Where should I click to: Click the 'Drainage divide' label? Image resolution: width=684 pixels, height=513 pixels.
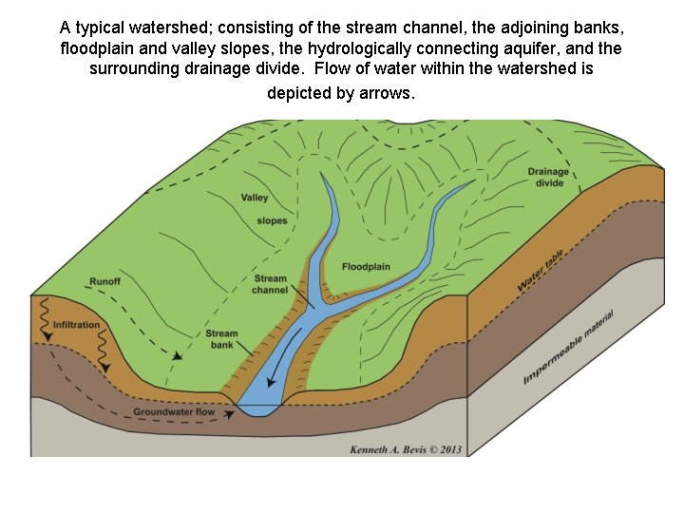point(547,177)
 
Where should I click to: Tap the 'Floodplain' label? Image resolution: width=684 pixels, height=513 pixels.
point(366,267)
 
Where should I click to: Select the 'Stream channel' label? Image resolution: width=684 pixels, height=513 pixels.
point(270,284)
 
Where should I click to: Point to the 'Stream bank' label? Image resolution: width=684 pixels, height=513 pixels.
point(221,339)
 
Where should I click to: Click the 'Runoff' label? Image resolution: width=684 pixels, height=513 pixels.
point(104,281)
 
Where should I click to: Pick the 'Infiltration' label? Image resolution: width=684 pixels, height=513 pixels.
point(76,325)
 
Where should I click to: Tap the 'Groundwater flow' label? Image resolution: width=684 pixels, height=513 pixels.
point(174,412)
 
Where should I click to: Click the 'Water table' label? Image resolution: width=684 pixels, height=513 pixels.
point(541,272)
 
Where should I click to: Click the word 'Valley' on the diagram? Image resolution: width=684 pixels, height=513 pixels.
point(255,199)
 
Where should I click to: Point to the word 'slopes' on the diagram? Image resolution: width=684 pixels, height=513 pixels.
point(272,221)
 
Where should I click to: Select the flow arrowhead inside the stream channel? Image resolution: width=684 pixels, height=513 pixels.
point(271,383)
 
